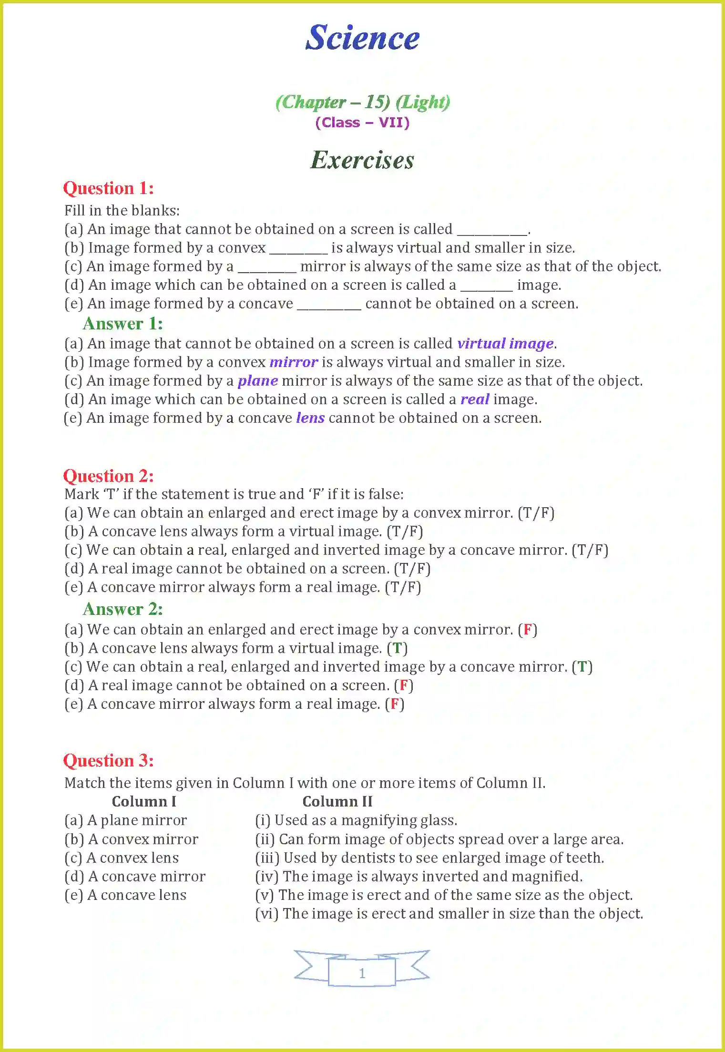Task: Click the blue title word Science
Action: click(362, 38)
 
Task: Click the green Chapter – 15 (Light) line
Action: click(362, 102)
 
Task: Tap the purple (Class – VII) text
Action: click(362, 123)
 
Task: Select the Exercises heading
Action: click(362, 160)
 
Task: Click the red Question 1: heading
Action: click(109, 188)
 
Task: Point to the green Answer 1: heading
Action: click(123, 324)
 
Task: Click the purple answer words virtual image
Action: click(505, 344)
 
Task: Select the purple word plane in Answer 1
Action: click(258, 381)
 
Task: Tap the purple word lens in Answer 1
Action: click(310, 418)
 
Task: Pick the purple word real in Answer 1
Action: click(475, 399)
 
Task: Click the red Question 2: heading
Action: click(109, 476)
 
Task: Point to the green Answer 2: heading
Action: click(123, 609)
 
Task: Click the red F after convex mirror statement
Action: click(528, 630)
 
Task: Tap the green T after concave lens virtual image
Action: click(397, 648)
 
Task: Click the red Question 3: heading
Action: click(109, 761)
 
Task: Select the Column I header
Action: click(144, 802)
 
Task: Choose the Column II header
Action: click(337, 802)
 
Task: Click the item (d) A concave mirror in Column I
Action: click(135, 877)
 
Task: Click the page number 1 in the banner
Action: click(362, 973)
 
